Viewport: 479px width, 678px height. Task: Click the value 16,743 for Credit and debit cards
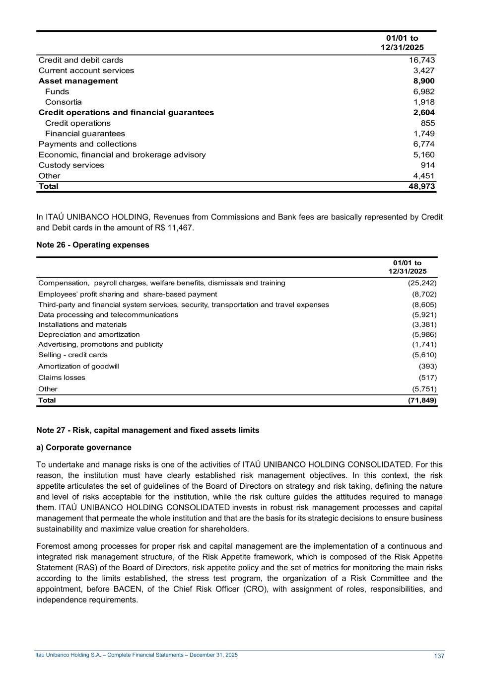pos(421,60)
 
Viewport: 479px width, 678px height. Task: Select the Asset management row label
pos(78,81)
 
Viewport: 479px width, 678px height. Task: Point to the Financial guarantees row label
pos(85,134)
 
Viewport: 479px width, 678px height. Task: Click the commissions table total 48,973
pos(421,186)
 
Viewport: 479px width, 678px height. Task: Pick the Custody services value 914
pos(427,165)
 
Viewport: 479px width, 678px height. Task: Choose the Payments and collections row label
pos(87,144)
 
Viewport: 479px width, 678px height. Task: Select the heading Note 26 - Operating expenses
pos(93,245)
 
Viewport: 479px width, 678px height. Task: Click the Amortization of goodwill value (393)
pos(427,366)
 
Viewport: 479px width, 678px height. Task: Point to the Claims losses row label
pos(62,377)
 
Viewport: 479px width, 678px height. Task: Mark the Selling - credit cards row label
pos(73,355)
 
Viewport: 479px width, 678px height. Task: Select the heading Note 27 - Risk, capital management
pos(148,430)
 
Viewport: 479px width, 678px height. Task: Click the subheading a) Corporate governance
pos(84,448)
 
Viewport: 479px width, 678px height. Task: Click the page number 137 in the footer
pos(439,656)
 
